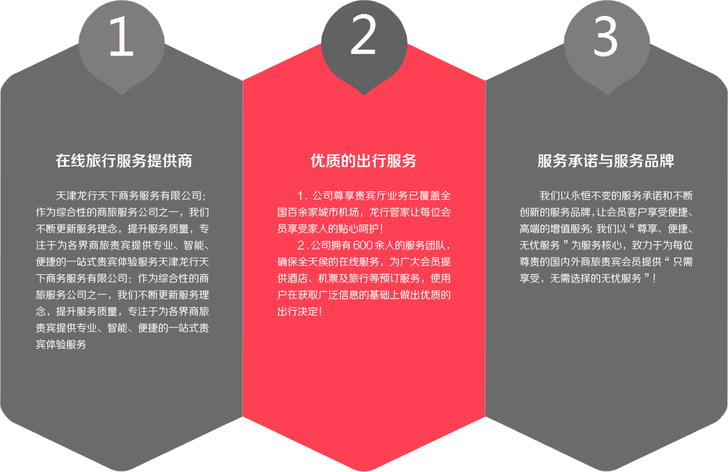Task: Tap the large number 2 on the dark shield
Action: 363,35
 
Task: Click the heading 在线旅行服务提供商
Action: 124,161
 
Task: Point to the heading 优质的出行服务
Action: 364,161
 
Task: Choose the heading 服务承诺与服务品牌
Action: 606,161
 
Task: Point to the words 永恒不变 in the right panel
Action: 595,195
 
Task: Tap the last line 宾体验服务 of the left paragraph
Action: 61,345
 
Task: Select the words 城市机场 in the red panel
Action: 338,212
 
